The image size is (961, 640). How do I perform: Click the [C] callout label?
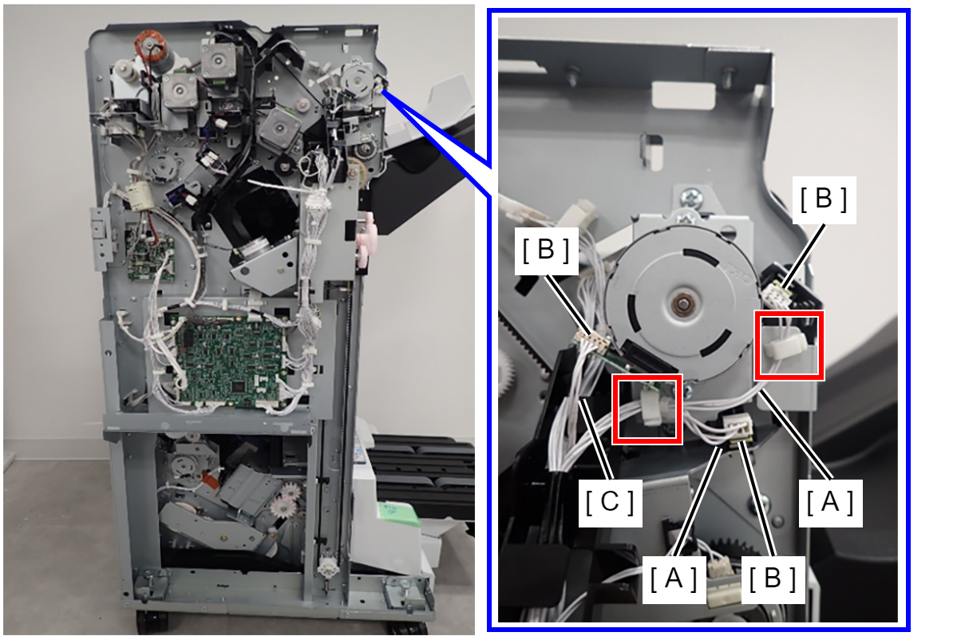coord(610,502)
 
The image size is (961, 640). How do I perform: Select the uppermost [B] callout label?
coord(824,200)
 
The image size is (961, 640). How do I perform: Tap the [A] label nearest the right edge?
coord(830,502)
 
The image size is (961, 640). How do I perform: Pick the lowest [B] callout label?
coord(773,579)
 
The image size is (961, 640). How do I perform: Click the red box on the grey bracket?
coord(789,346)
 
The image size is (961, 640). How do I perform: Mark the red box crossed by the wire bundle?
coord(647,409)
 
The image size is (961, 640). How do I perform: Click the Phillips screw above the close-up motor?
coord(691,198)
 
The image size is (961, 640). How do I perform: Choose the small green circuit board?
coord(151,259)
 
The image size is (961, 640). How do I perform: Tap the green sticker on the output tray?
coord(398,515)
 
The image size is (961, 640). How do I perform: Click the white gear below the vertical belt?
coord(328,569)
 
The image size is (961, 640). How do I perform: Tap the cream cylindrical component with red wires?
coord(140,196)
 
